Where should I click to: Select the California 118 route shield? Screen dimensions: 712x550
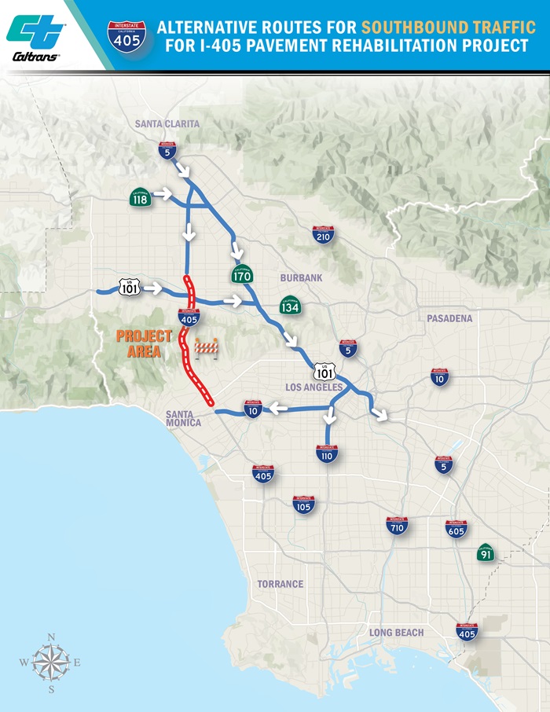coord(141,199)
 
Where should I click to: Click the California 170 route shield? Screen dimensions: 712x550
coord(241,274)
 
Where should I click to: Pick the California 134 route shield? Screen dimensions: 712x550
coord(290,305)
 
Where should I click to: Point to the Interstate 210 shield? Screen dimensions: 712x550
coord(323,234)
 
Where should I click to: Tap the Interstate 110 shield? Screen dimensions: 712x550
coord(326,453)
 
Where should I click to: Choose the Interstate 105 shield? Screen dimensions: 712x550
coord(302,504)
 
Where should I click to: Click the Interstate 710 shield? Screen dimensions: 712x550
coord(397,525)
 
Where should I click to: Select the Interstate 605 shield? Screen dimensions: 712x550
coord(456,528)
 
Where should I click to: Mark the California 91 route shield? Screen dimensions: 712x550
coord(486,553)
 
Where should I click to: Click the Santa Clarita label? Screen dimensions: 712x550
coord(167,123)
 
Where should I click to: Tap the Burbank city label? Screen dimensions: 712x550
coord(301,278)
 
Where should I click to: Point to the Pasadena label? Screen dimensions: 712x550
coord(449,318)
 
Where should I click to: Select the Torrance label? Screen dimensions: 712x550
coord(280,584)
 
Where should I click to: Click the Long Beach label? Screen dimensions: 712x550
coord(396,633)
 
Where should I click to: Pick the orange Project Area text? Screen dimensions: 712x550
coord(144,343)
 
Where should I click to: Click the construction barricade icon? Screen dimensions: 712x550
coord(206,347)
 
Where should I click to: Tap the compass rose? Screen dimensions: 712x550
coord(50,662)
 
